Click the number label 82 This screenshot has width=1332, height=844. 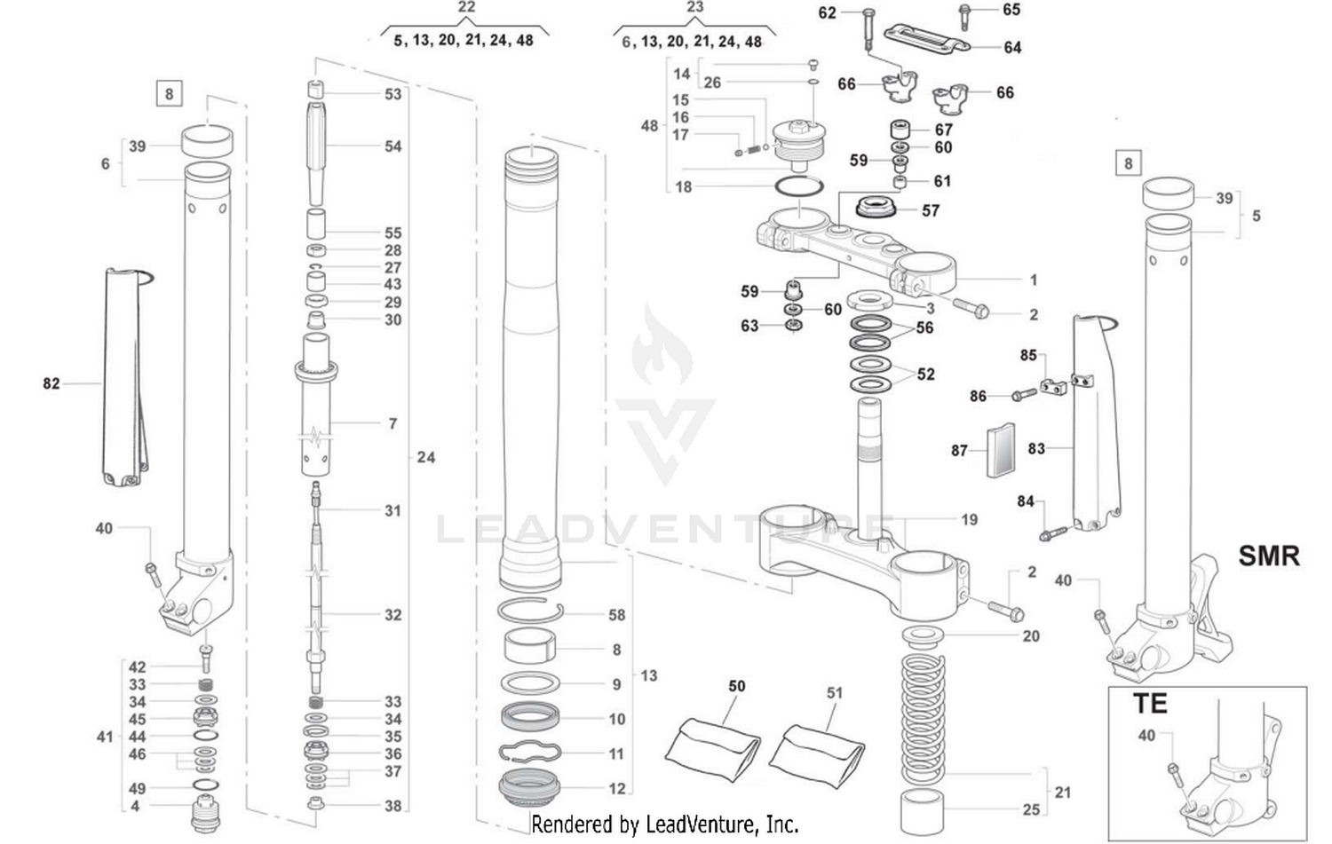tap(52, 383)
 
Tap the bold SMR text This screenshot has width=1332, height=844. tap(1269, 556)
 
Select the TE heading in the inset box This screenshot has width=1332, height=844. tap(1149, 704)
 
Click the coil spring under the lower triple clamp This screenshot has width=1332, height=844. tap(924, 710)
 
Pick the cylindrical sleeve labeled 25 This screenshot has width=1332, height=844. tap(924, 809)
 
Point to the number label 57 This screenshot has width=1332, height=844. tap(930, 210)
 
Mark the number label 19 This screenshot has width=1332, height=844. tap(969, 519)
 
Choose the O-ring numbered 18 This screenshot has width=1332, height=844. tap(798, 187)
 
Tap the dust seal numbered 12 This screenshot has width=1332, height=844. tap(532, 787)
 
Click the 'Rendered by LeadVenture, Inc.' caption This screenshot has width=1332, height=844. tap(665, 824)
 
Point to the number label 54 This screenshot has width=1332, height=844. tap(392, 146)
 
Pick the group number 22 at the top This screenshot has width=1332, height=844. tap(466, 7)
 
